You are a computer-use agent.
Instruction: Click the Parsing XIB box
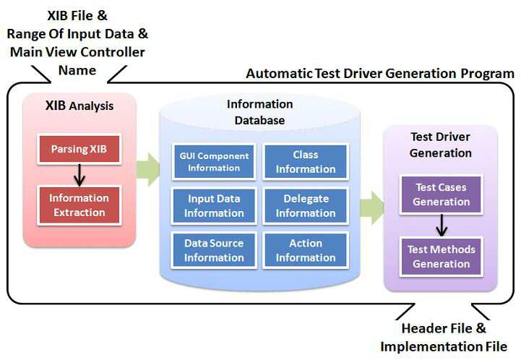[x=79, y=149]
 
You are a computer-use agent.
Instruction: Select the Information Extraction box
[x=79, y=205]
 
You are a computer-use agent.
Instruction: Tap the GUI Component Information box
[x=214, y=162]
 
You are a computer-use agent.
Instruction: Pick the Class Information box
[x=306, y=162]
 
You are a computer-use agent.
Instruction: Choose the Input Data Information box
[x=214, y=206]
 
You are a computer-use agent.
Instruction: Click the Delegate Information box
[x=306, y=206]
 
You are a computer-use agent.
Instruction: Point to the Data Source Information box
[x=214, y=250]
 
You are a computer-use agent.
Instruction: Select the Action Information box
[x=306, y=250]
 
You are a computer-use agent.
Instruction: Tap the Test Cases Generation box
[x=442, y=194]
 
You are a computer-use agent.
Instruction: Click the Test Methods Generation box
[x=442, y=257]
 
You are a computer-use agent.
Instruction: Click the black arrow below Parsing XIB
[x=79, y=175]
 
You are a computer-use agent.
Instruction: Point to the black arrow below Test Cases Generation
[x=442, y=226]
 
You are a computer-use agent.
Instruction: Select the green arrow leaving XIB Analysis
[x=148, y=170]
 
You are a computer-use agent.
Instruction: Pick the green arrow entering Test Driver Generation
[x=372, y=207]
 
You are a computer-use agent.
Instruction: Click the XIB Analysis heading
[x=79, y=106]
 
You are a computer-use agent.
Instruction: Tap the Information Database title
[x=260, y=112]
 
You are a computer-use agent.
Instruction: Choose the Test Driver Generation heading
[x=441, y=145]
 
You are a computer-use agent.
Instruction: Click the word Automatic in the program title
[x=279, y=74]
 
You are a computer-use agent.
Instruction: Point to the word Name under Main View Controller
[x=77, y=70]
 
